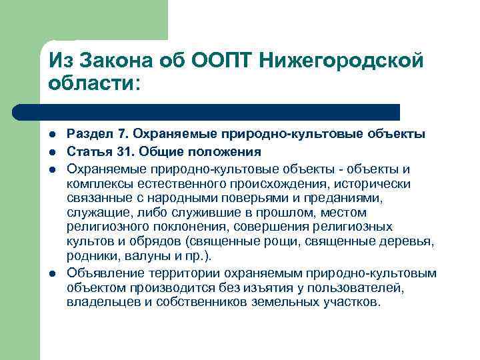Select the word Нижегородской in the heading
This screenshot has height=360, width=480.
(346, 62)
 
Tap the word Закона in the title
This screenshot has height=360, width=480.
(121, 62)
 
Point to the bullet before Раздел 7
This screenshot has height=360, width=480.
(53, 136)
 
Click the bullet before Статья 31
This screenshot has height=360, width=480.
(53, 151)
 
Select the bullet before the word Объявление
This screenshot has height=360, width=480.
(53, 274)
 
